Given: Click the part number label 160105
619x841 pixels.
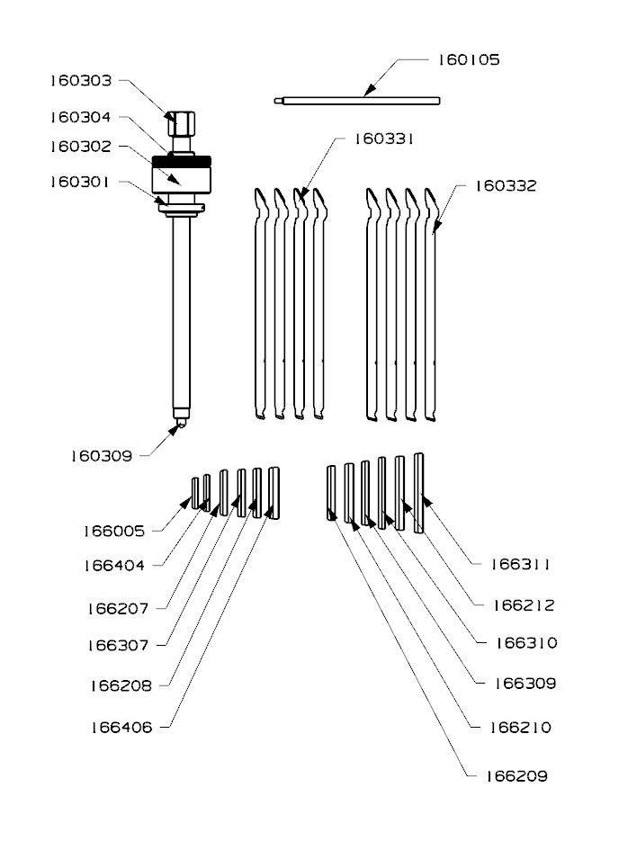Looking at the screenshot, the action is click(x=469, y=59).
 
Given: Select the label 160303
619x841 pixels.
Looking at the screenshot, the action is click(x=81, y=80).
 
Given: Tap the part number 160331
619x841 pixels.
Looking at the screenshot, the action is click(x=384, y=139).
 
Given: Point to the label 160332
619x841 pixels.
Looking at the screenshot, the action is click(x=506, y=185).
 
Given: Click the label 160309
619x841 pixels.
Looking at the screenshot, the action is click(x=102, y=456).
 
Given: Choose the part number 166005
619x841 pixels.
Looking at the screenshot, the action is click(x=114, y=531).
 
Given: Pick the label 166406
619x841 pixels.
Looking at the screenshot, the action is click(x=121, y=728).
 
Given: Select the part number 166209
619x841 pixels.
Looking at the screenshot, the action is click(x=517, y=776).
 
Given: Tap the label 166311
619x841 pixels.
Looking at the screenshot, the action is click(x=520, y=564).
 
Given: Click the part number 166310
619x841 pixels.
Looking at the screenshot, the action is click(x=526, y=642).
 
